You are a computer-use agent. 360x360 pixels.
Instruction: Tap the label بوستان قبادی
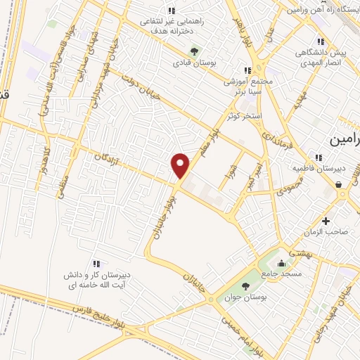click(195, 63)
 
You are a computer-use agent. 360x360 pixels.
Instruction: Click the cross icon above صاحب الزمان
click(325, 221)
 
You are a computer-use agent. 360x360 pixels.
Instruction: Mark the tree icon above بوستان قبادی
click(195, 51)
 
